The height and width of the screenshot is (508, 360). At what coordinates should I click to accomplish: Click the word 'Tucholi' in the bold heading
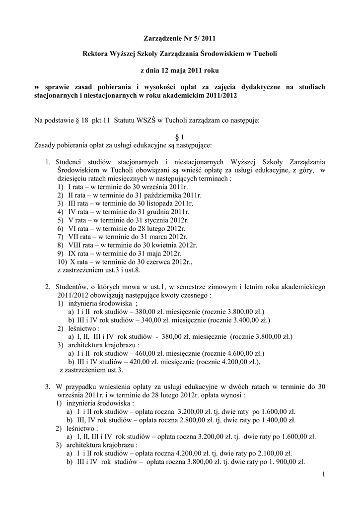pos(266,53)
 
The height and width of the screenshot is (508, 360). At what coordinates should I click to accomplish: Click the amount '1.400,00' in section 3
pos(271,420)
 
